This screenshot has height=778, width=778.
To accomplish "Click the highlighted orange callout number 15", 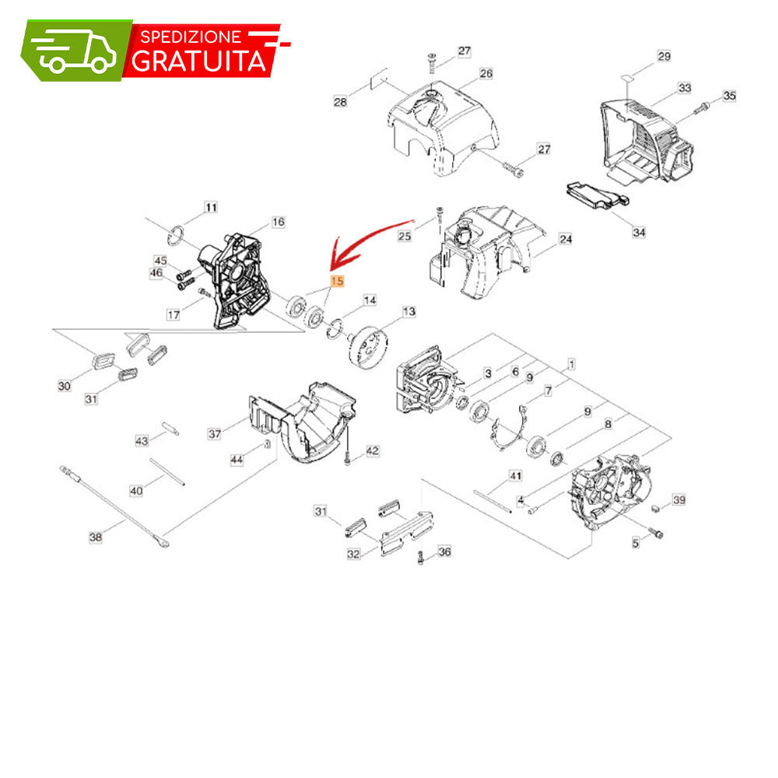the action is pyautogui.click(x=337, y=282).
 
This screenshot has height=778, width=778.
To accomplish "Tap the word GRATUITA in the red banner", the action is pyautogui.click(x=199, y=61).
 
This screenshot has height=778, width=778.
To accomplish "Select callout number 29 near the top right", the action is pyautogui.click(x=664, y=56).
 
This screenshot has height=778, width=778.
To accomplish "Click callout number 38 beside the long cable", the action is pyautogui.click(x=96, y=537).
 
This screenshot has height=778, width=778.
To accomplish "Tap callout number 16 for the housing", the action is pyautogui.click(x=278, y=222).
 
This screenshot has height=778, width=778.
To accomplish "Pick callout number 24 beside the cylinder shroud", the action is pyautogui.click(x=566, y=239).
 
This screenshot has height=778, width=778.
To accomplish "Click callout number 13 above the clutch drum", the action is pyautogui.click(x=409, y=312).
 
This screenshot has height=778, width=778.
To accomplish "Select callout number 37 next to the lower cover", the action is pyautogui.click(x=215, y=433).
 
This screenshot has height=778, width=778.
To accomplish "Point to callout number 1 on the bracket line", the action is pyautogui.click(x=571, y=364).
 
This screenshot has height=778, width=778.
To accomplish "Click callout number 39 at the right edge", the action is pyautogui.click(x=678, y=499).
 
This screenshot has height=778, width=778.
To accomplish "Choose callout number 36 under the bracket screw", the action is pyautogui.click(x=444, y=552).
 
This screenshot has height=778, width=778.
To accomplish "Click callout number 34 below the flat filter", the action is pyautogui.click(x=639, y=232).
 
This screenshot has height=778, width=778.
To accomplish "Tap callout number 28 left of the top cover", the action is pyautogui.click(x=340, y=102).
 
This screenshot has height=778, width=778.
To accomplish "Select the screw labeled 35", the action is pyautogui.click(x=701, y=107).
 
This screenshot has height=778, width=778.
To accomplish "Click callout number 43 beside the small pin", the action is pyautogui.click(x=142, y=440).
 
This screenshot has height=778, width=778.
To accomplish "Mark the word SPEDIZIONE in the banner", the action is pyautogui.click(x=191, y=37).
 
